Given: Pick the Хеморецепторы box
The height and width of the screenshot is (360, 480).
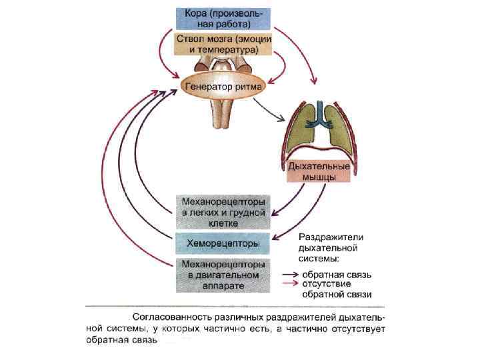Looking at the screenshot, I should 223,243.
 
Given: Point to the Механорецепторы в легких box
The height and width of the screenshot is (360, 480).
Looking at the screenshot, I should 223,212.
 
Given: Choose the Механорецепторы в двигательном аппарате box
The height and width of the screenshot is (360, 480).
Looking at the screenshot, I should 223,275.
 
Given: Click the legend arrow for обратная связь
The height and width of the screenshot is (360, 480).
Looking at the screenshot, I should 289,274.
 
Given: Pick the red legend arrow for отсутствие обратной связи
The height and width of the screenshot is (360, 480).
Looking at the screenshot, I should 289,283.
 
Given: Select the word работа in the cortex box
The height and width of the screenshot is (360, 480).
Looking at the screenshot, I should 233,25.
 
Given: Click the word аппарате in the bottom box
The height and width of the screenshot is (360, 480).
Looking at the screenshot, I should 223,285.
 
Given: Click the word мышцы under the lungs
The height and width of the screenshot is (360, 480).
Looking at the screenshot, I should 318,177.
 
